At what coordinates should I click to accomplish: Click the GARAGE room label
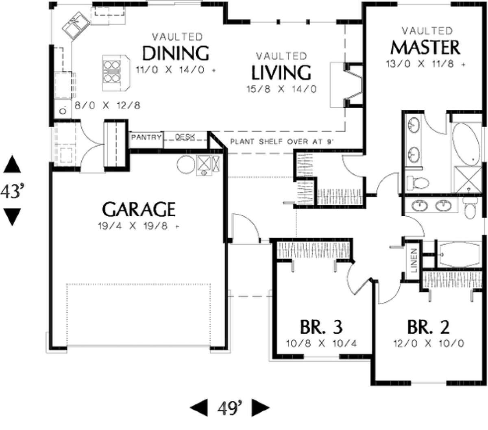[139, 209]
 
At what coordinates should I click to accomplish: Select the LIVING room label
[281, 72]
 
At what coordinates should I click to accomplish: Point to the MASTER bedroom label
[425, 48]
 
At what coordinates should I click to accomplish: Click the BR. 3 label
[321, 327]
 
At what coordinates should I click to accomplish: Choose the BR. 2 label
[428, 327]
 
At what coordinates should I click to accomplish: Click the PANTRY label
[146, 137]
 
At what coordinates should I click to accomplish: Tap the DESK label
[185, 137]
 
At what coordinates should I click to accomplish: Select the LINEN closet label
[413, 261]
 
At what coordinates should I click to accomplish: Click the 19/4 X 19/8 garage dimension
[139, 226]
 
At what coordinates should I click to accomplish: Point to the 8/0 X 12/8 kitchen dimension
[107, 105]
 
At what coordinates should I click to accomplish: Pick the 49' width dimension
[229, 408]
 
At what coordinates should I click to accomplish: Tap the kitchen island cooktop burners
[112, 72]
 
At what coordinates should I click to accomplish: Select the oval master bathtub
[466, 144]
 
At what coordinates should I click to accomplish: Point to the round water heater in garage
[186, 165]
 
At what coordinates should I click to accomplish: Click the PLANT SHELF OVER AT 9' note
[282, 141]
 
